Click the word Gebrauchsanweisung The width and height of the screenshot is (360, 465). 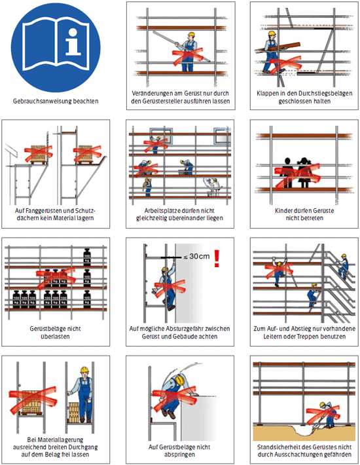pos(43,101)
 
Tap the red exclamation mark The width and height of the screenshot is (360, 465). pos(217,258)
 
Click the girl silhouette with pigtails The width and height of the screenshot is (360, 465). pos(304,173)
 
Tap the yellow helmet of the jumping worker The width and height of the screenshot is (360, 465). pos(180,379)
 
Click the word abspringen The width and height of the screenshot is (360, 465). pos(179,455)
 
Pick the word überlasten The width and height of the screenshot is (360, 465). pos(55,336)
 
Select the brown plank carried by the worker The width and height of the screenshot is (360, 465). pos(278,48)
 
